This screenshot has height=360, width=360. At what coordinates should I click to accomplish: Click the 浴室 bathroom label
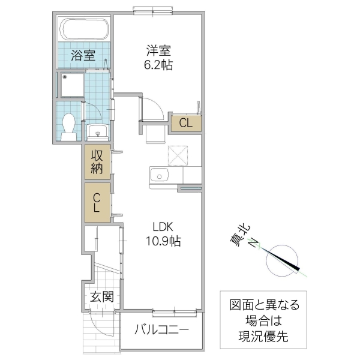(x=83, y=56)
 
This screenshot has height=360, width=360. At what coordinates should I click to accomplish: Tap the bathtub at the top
(x=84, y=29)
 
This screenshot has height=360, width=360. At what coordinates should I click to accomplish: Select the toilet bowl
(x=69, y=125)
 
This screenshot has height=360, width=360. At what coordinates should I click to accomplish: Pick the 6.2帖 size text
(x=158, y=65)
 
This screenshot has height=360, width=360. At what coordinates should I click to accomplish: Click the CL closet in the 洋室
(x=186, y=124)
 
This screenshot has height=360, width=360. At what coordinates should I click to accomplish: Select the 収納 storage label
(x=97, y=161)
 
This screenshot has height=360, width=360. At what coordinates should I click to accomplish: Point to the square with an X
(x=178, y=155)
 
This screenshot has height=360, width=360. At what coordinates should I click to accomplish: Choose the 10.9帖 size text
(x=162, y=242)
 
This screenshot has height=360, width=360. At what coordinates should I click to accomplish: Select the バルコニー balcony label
(x=161, y=329)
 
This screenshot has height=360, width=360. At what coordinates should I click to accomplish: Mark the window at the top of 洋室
(x=150, y=9)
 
